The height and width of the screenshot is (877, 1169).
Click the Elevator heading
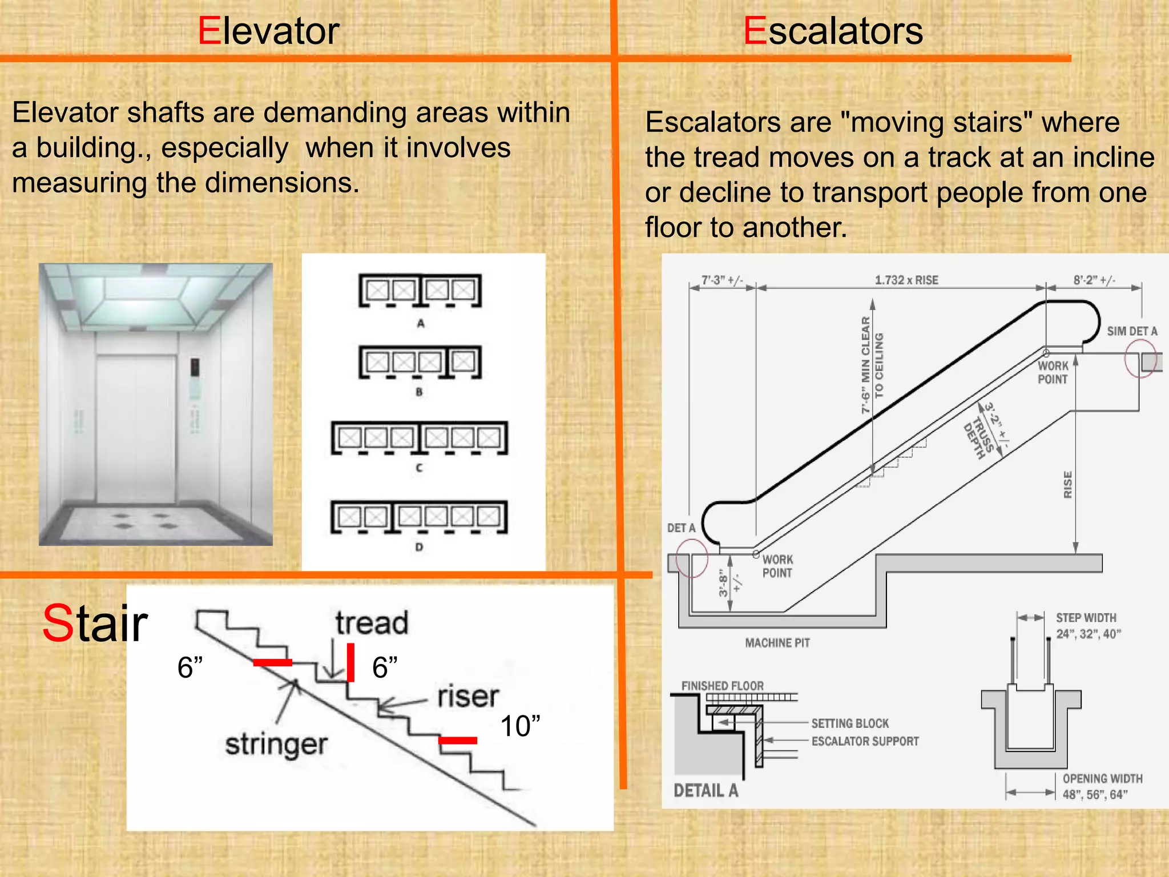point(268,31)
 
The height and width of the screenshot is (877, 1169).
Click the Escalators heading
point(833,31)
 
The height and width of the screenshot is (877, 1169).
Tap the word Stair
point(95,623)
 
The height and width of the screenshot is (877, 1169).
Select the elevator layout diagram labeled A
point(420,291)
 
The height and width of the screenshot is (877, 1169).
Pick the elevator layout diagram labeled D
point(420,517)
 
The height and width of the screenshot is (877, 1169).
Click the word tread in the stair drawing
point(372,623)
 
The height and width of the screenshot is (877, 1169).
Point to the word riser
point(468,697)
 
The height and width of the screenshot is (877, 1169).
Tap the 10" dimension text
point(520,726)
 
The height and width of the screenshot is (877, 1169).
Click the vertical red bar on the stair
point(350,662)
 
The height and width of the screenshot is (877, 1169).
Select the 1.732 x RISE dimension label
point(906,280)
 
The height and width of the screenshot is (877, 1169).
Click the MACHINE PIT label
point(777,643)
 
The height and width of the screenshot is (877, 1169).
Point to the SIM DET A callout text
point(1132,332)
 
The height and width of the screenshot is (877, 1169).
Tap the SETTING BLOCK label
point(850,723)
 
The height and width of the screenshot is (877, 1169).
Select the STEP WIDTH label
point(1086,618)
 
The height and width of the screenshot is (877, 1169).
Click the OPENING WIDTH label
point(1102,779)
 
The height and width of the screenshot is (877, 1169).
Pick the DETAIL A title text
point(706,791)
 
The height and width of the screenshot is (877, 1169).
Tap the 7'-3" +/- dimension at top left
point(722,280)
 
